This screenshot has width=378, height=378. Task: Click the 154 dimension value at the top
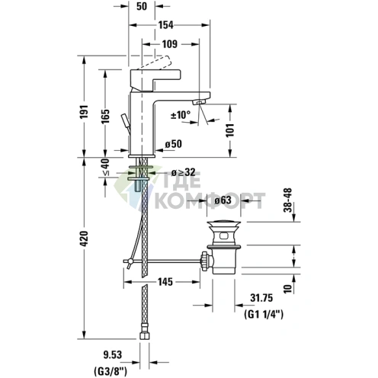pyautogui.click(x=165, y=25)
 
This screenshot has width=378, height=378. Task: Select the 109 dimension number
pyautogui.click(x=170, y=44)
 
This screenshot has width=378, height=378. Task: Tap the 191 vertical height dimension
pyautogui.click(x=84, y=111)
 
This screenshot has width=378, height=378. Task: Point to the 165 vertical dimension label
pyautogui.click(x=105, y=117)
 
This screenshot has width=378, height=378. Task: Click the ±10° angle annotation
pyautogui.click(x=181, y=115)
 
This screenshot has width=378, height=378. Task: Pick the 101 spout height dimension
pyautogui.click(x=230, y=130)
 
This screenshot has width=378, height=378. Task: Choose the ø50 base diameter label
pyautogui.click(x=174, y=144)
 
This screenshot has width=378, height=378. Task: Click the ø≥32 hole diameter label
pyautogui.click(x=184, y=173)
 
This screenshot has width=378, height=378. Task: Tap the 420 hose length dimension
pyautogui.click(x=84, y=239)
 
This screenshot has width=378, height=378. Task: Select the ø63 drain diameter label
pyautogui.click(x=223, y=200)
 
